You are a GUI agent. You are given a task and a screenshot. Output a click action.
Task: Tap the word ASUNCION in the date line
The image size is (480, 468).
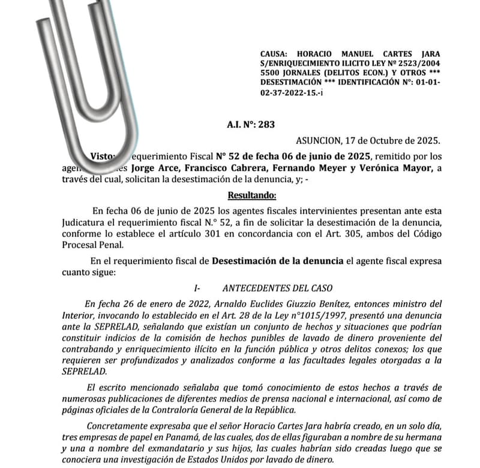pos(317,141)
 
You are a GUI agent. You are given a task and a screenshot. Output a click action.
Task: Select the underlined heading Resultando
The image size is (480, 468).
pos(252,195)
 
